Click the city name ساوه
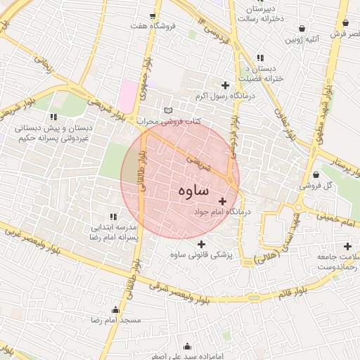pyautogui.click(x=189, y=190)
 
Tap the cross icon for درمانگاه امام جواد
pyautogui.click(x=223, y=201)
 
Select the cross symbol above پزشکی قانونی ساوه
pyautogui.click(x=202, y=243)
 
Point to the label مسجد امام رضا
pyautogui.click(x=115, y=320)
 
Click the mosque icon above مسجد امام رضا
pyautogui.click(x=115, y=309)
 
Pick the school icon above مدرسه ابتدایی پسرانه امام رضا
pyautogui.click(x=113, y=217)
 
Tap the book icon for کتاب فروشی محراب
pyautogui.click(x=167, y=110)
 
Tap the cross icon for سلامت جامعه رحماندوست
pyautogui.click(x=347, y=246)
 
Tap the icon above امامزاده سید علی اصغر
pyautogui.click(x=187, y=346)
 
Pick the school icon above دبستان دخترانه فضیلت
pyautogui.click(x=260, y=58)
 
